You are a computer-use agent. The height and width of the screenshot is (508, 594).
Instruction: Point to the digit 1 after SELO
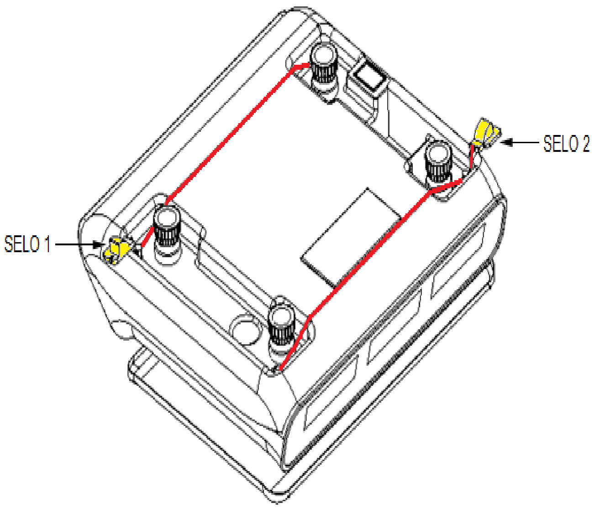coord(47,244)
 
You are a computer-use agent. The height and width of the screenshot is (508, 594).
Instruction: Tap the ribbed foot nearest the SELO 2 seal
coord(438,166)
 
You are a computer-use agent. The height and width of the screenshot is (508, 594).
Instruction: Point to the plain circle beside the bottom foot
coord(247,329)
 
